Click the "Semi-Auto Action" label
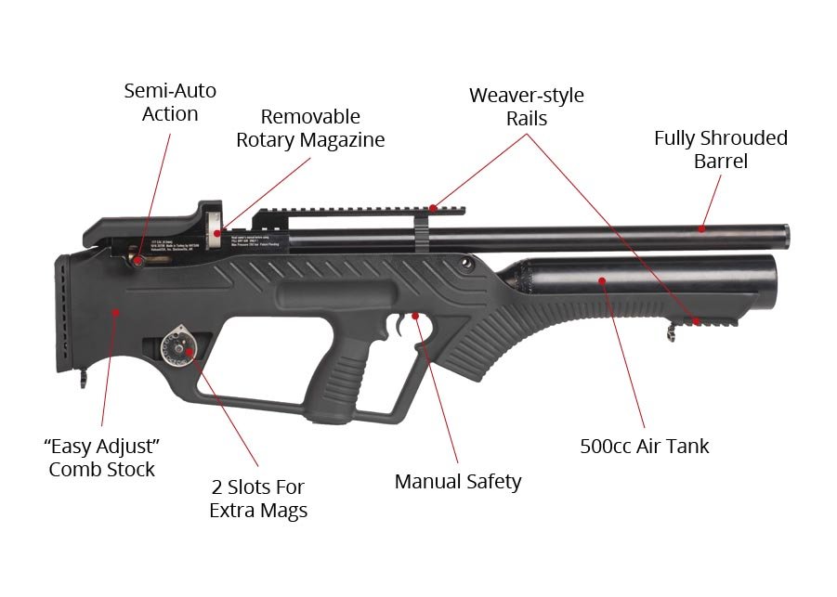pos(170,102)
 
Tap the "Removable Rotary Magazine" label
pos(309,128)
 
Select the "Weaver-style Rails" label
pos(526,106)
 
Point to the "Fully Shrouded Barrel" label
pos(720,149)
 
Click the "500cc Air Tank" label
pos(644,446)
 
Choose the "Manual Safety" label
pos(458,481)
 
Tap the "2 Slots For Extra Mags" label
pos(257,499)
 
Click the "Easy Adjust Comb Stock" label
pos(102,456)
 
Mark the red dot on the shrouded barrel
pos(702,227)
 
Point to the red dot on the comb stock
pos(115,313)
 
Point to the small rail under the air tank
pos(711,320)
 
